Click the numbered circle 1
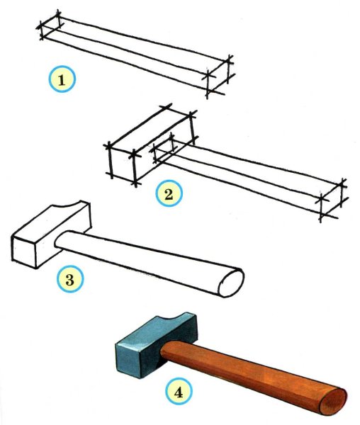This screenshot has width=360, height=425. click(x=62, y=79)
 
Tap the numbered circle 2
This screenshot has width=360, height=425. click(x=169, y=193)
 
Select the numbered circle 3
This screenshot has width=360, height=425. click(x=70, y=279)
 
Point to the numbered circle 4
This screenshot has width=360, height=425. click(x=179, y=391)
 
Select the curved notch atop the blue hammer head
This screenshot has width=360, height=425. click(x=176, y=317)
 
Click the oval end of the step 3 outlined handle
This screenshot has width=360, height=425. click(x=231, y=283)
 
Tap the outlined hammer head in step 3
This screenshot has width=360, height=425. click(x=51, y=234)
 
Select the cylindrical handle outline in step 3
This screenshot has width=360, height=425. click(x=149, y=263)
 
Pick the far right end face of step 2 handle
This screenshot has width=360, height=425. click(x=331, y=200)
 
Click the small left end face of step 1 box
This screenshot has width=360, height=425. click(x=50, y=25)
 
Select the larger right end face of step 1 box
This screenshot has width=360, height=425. click(x=218, y=76)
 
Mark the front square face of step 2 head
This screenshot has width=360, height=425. click(x=123, y=164)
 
